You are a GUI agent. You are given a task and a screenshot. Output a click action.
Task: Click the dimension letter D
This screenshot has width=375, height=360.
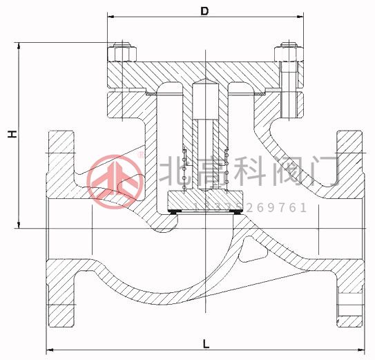pos(204,11)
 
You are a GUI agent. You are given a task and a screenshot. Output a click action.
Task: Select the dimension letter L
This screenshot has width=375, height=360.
pos(206,343)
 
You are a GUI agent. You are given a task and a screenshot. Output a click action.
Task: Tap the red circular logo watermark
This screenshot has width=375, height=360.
pos(116,178)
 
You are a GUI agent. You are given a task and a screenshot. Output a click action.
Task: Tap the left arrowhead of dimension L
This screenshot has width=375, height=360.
pos(49,350)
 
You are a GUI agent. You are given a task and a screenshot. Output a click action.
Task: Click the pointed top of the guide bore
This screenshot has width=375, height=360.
pos(206,81)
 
